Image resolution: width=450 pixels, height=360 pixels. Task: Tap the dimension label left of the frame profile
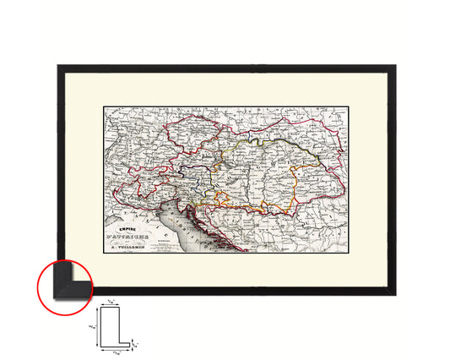(x=92, y=326)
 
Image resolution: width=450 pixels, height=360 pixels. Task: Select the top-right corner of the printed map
(x=347, y=106)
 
